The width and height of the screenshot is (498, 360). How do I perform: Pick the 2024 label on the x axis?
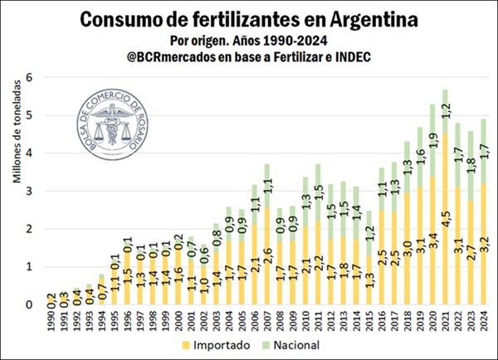point(484,319)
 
